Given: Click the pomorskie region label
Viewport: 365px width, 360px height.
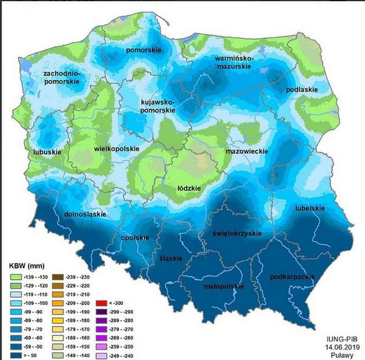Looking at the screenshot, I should (x=142, y=49).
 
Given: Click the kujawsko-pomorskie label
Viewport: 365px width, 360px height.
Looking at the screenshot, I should (x=158, y=107).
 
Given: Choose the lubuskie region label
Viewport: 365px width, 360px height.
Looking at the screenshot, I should (x=46, y=152).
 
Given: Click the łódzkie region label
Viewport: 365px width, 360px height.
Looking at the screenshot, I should (x=189, y=188).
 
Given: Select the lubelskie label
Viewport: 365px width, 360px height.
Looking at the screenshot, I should (x=309, y=208).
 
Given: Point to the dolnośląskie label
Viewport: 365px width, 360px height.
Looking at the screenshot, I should (x=85, y=214).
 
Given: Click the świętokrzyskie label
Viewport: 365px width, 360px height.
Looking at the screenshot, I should (x=237, y=233).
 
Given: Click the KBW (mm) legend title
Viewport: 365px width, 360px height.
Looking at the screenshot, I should (x=28, y=266).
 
